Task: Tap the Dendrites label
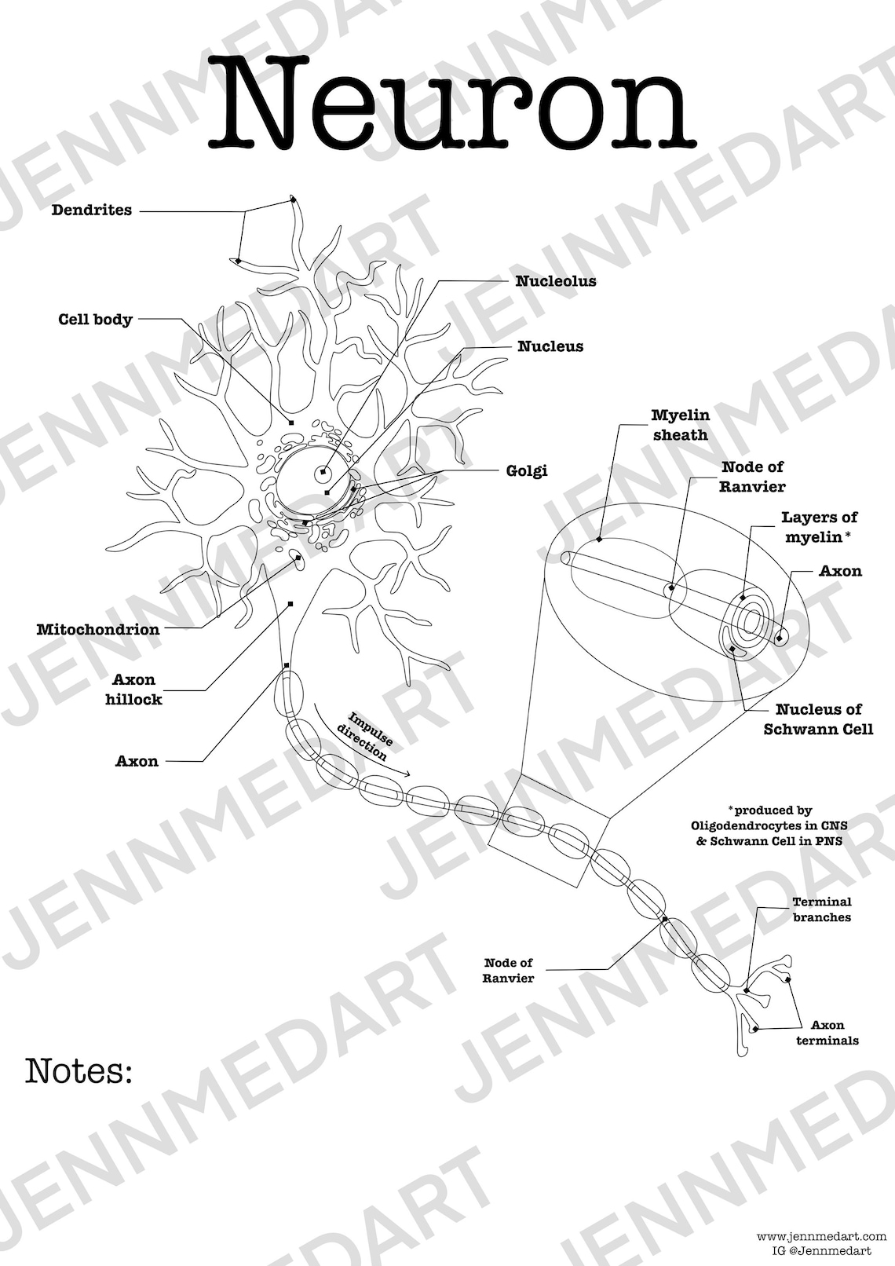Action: pos(92,210)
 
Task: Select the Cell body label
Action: pos(95,320)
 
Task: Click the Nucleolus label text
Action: pos(555,281)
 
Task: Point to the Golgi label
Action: pos(527,471)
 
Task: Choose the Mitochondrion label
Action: pos(97,629)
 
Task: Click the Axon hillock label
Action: pos(133,689)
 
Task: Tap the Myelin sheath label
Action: pos(680,425)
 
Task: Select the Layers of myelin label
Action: pos(818,527)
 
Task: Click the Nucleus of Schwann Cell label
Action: pos(818,719)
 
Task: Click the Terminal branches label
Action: pos(821,909)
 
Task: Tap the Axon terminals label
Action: pos(827,1033)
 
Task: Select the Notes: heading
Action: pos(79,1070)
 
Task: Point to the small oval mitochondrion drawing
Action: pos(297,558)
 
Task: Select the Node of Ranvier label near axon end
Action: pos(508,970)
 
